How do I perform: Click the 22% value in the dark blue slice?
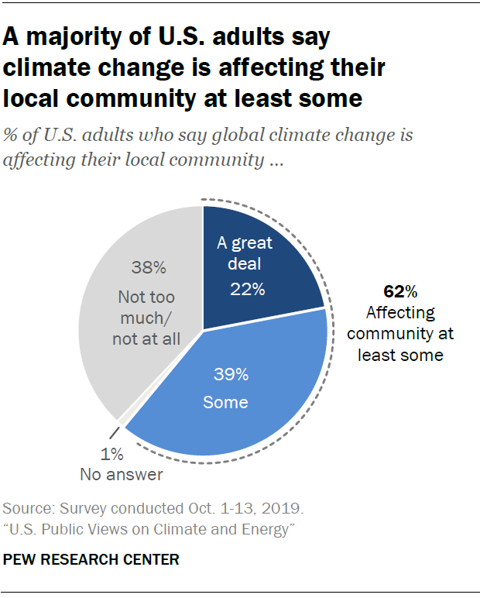[248, 290]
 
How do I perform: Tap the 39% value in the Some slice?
[231, 375]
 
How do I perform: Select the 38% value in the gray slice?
[148, 269]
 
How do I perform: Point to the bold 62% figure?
[400, 292]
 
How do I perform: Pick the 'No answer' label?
[122, 474]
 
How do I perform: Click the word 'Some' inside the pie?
[225, 402]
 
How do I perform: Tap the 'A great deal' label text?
[245, 253]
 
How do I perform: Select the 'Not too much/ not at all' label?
[146, 318]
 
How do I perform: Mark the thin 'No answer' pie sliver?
[122, 422]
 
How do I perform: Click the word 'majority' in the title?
[70, 36]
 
